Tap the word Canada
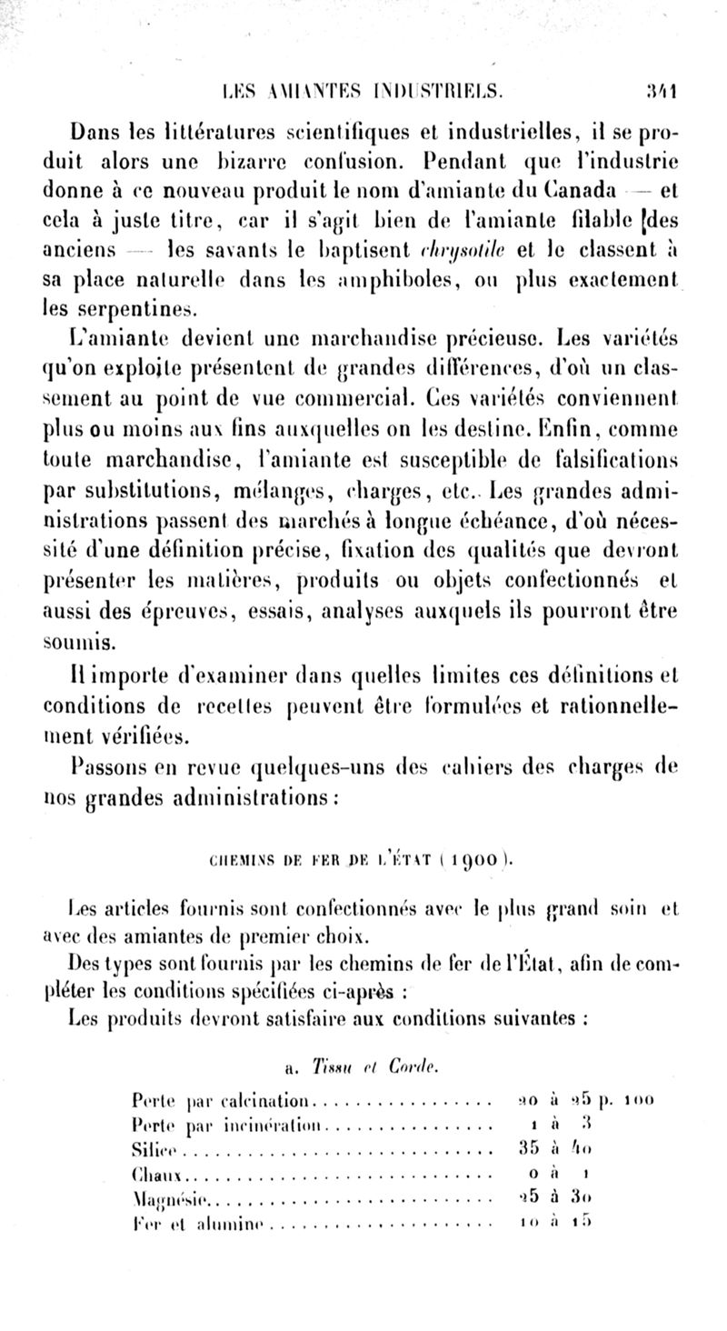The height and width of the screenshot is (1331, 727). pos(590,166)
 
